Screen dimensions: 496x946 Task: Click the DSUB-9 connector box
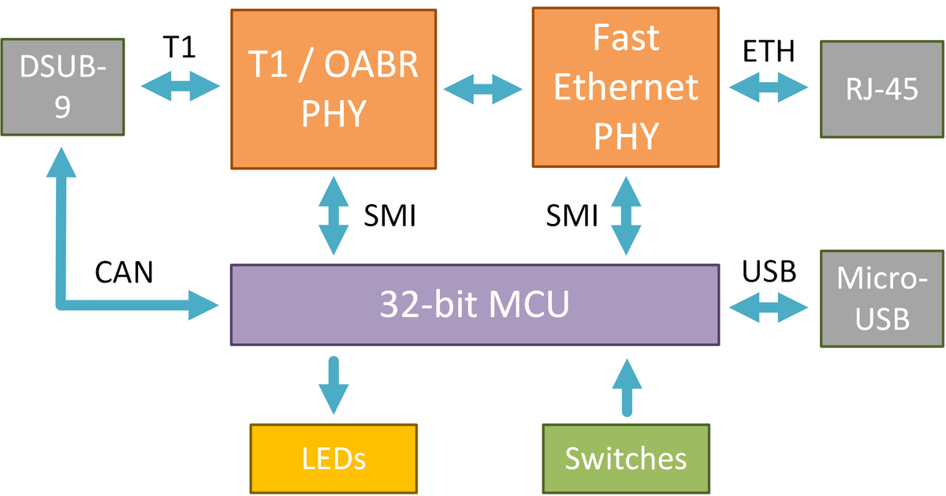click(62, 87)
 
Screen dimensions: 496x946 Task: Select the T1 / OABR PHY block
click(333, 88)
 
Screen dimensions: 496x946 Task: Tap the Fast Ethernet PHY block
click(626, 88)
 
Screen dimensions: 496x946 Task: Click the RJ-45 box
click(881, 88)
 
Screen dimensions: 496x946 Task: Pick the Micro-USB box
click(881, 298)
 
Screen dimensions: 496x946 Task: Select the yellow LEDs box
click(333, 458)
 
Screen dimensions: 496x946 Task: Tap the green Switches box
click(626, 458)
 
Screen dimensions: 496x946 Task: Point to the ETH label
click(769, 53)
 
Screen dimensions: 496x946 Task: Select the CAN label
click(124, 272)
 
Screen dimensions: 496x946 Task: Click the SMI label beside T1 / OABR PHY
click(389, 214)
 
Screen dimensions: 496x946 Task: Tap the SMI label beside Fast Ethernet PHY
click(572, 214)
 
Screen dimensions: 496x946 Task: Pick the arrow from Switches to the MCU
click(628, 386)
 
